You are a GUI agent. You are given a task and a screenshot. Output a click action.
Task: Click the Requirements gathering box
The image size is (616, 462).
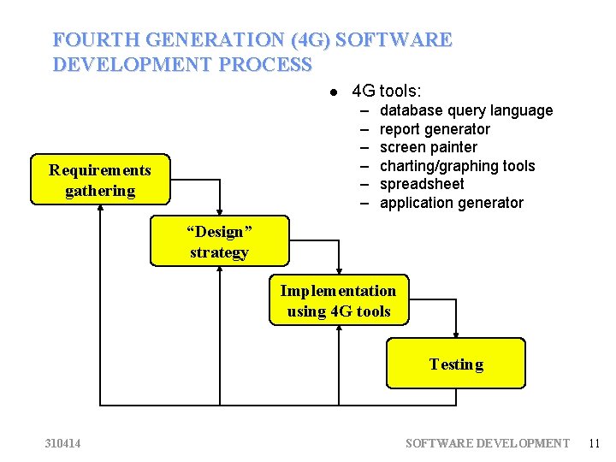point(100,181)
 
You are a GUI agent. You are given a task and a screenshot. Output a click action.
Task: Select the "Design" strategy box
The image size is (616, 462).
point(219,241)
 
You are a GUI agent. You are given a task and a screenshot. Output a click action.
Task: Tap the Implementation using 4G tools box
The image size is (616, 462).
point(339,300)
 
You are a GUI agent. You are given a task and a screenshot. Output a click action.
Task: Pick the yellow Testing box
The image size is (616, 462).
point(456,364)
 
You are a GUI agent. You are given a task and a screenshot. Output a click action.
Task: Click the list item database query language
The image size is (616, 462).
point(466,110)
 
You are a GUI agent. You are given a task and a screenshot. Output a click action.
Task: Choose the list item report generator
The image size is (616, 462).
point(435,129)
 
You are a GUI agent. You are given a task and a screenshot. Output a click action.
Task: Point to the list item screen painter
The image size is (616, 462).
point(428,147)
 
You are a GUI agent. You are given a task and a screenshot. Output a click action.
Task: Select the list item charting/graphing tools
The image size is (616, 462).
point(457,166)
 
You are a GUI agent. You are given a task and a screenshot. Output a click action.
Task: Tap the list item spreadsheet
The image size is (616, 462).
point(422,184)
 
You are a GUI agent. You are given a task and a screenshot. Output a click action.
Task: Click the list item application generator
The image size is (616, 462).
point(451,203)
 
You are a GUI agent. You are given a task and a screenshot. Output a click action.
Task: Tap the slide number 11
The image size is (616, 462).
point(595,442)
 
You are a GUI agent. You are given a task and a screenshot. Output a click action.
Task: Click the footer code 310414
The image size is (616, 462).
point(64,442)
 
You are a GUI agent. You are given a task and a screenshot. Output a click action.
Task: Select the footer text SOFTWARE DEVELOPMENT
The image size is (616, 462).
point(487,442)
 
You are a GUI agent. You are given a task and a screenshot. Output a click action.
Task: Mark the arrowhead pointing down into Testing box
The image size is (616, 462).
point(456,334)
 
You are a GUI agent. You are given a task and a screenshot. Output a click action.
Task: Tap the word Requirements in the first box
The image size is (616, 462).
point(100,170)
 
